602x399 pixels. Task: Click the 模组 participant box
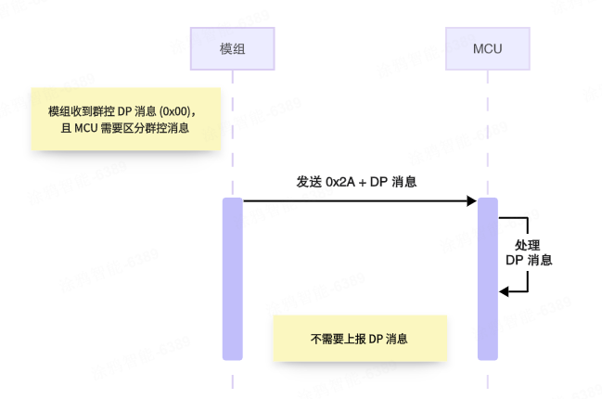[x=233, y=47]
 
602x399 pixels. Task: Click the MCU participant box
[x=487, y=47]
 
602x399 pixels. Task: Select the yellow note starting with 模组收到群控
[x=126, y=120]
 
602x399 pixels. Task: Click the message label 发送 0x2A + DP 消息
[x=356, y=182]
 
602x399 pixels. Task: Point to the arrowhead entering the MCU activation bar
[x=471, y=200]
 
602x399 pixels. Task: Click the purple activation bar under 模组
[x=233, y=278]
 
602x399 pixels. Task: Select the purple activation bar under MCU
[x=487, y=278]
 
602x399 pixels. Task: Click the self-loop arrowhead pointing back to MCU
[x=505, y=292]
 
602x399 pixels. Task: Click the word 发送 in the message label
[x=309, y=182]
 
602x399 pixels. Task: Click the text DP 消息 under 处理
[x=529, y=261]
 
